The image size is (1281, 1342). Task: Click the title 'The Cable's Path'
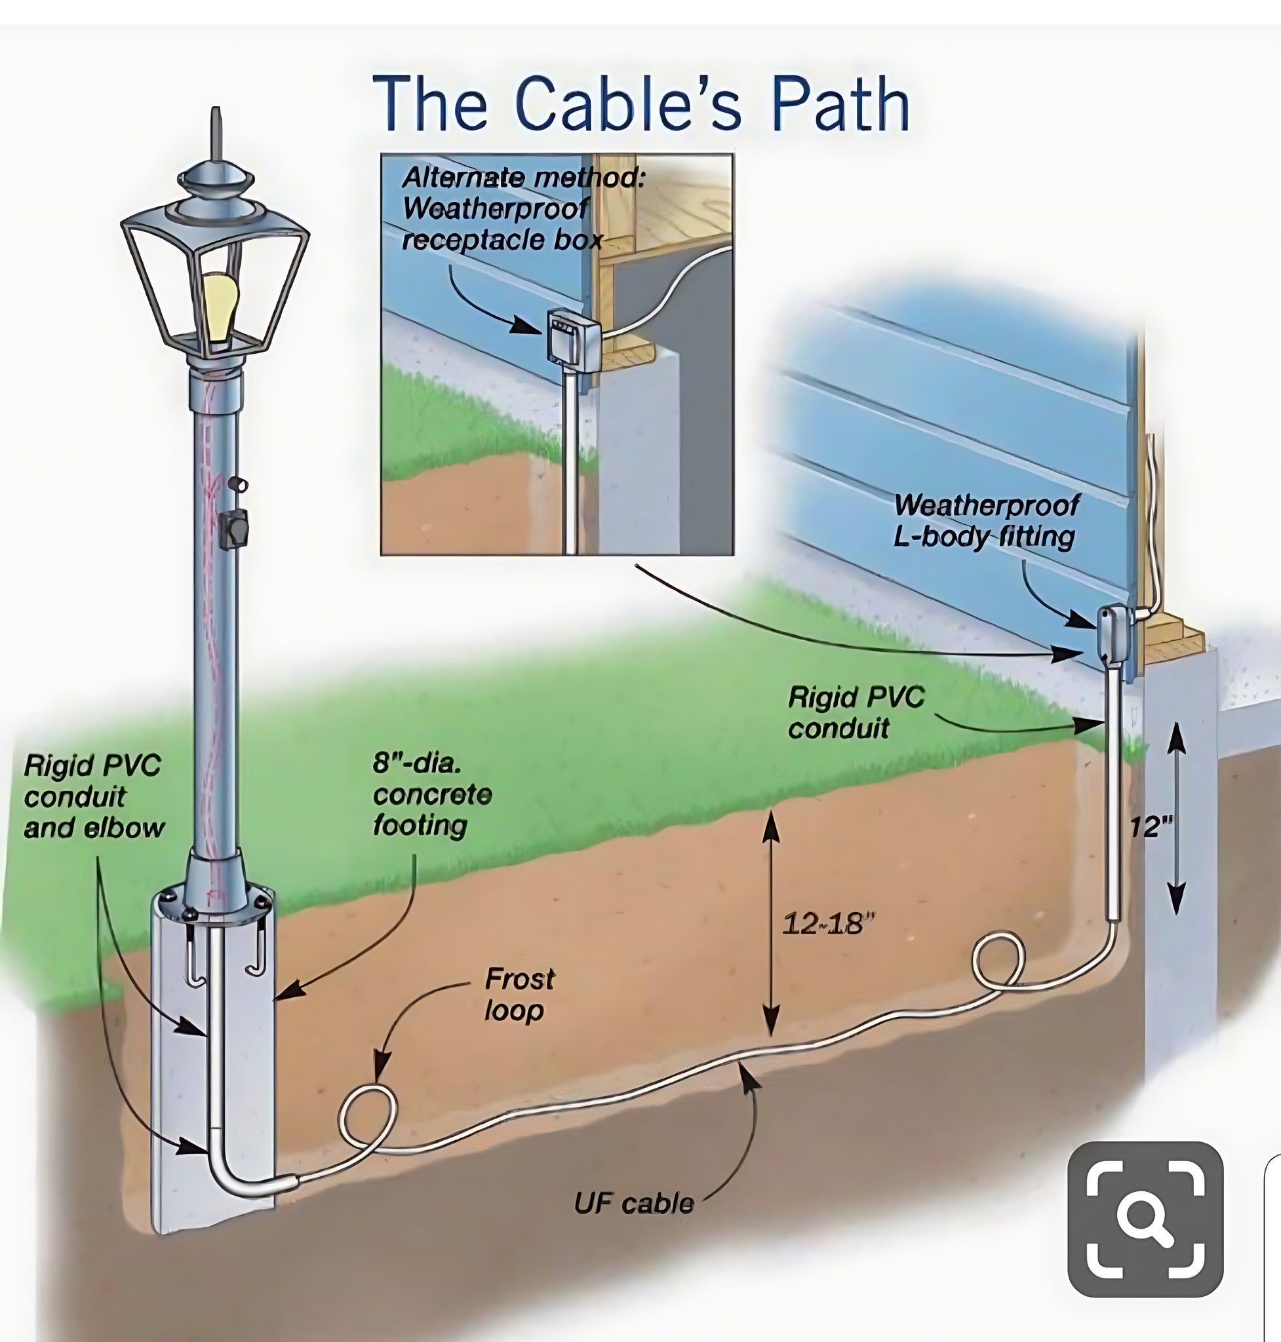[640, 103]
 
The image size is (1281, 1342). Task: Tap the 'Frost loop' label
[519, 995]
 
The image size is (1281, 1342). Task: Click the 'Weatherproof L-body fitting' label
[986, 521]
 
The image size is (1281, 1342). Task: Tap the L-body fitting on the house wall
[1114, 636]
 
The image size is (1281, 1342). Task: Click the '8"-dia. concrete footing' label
[432, 794]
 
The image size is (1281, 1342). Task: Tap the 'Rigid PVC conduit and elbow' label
[94, 796]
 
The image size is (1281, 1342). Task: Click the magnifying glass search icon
[1145, 1218]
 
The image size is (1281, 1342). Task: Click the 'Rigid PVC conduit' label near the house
[856, 712]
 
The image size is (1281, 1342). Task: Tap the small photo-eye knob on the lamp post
[239, 484]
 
